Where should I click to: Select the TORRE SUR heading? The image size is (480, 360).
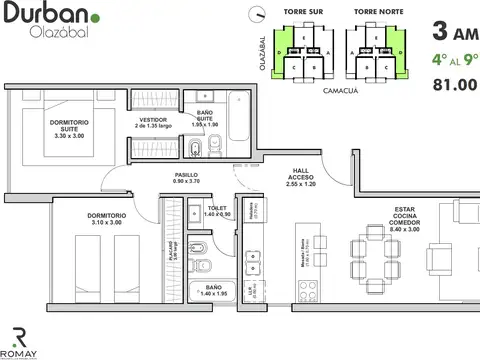point(303,12)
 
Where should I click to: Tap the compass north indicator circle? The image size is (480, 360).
point(258,14)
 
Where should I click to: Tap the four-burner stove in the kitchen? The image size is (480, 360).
point(308,287)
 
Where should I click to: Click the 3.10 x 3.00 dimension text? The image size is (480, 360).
point(104,223)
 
